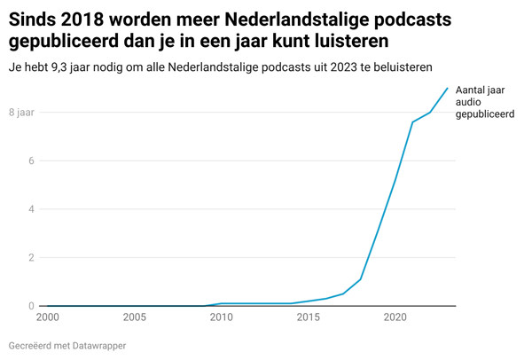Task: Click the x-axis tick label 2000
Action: tap(48, 317)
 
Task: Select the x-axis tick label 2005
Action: tap(134, 317)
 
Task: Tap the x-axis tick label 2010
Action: tap(221, 317)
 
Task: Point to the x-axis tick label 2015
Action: tap(308, 317)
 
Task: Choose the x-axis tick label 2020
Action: tap(395, 317)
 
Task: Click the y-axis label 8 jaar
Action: tap(21, 113)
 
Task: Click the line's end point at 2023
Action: tap(447, 88)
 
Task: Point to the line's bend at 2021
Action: tap(412, 121)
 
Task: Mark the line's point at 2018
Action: tap(360, 279)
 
